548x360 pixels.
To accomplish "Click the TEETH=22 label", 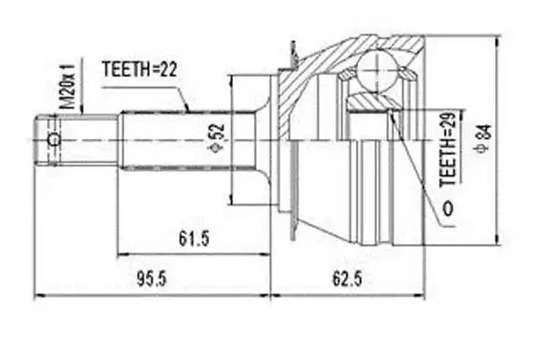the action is click(140, 69).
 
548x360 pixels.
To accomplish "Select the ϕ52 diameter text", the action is click(217, 138).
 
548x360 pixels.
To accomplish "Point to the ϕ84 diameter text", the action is click(483, 139).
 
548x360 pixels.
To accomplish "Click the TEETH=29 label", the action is click(448, 149).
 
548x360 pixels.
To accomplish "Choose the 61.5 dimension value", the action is click(194, 239).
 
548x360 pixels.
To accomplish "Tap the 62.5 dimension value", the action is click(347, 279).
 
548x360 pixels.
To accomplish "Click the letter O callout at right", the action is click(448, 208).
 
